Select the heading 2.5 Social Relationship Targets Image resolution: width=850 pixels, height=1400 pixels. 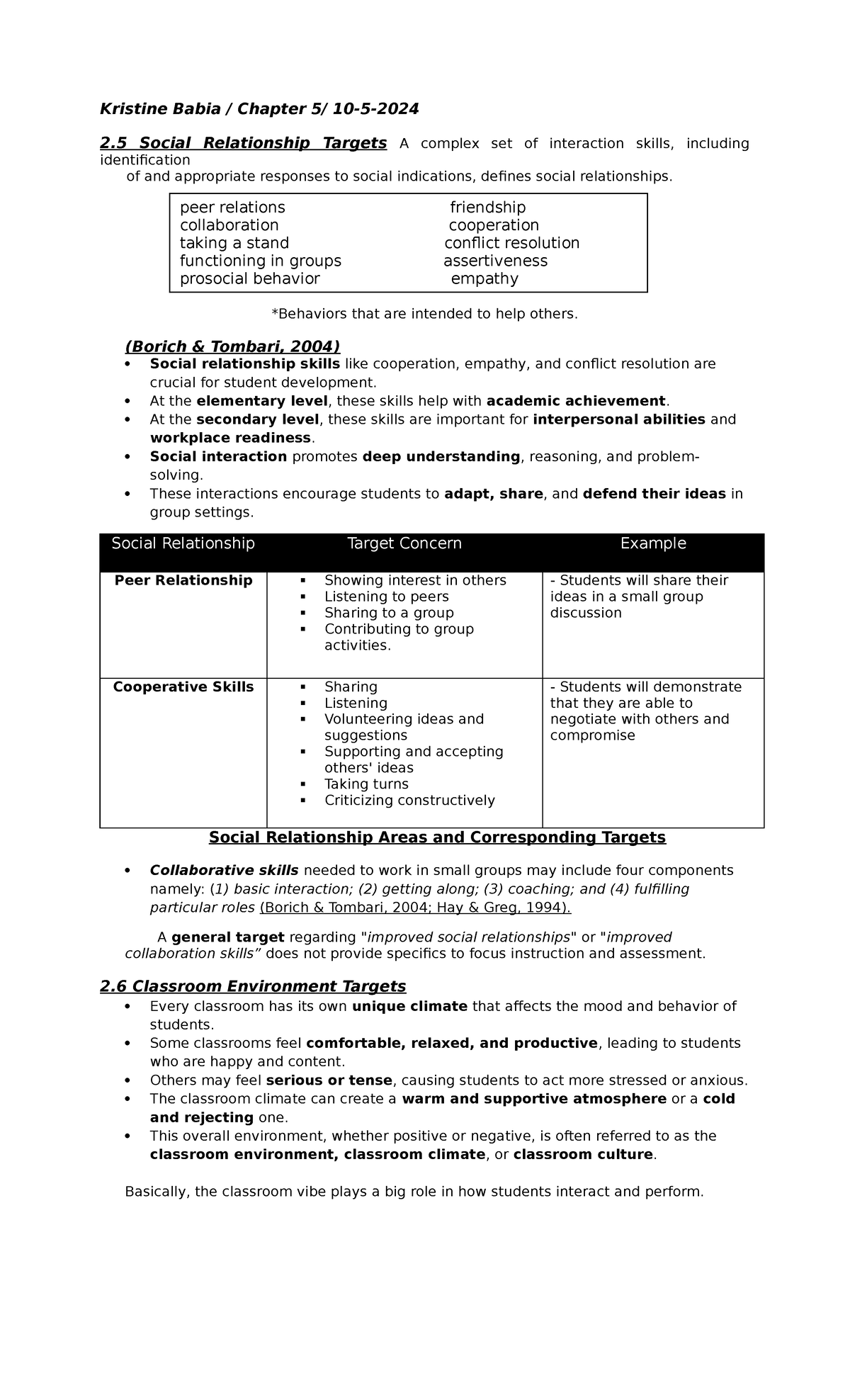click(x=243, y=143)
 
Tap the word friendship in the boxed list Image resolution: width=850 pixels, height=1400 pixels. click(x=487, y=208)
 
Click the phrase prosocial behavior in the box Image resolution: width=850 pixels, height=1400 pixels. click(x=249, y=279)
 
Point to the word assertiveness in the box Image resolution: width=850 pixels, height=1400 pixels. click(x=495, y=261)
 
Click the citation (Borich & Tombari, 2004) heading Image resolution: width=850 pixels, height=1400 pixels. click(x=232, y=346)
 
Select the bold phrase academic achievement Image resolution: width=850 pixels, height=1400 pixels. click(x=576, y=401)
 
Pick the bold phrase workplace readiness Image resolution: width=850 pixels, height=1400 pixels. click(x=230, y=438)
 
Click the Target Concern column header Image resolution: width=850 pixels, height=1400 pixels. click(x=404, y=543)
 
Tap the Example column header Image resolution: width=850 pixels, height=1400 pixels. click(x=653, y=543)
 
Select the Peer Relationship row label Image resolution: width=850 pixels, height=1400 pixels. click(x=183, y=580)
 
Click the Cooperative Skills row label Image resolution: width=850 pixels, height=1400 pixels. click(x=183, y=687)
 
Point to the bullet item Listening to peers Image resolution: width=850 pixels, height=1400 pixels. click(x=386, y=597)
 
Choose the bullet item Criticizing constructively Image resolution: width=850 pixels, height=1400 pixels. click(x=409, y=801)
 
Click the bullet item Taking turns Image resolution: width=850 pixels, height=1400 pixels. click(x=366, y=784)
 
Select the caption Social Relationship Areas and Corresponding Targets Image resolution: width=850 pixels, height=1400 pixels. click(x=437, y=837)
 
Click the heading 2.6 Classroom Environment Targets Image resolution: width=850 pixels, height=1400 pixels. click(x=253, y=986)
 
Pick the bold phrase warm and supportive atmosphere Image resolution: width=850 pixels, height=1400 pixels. click(x=533, y=1099)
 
